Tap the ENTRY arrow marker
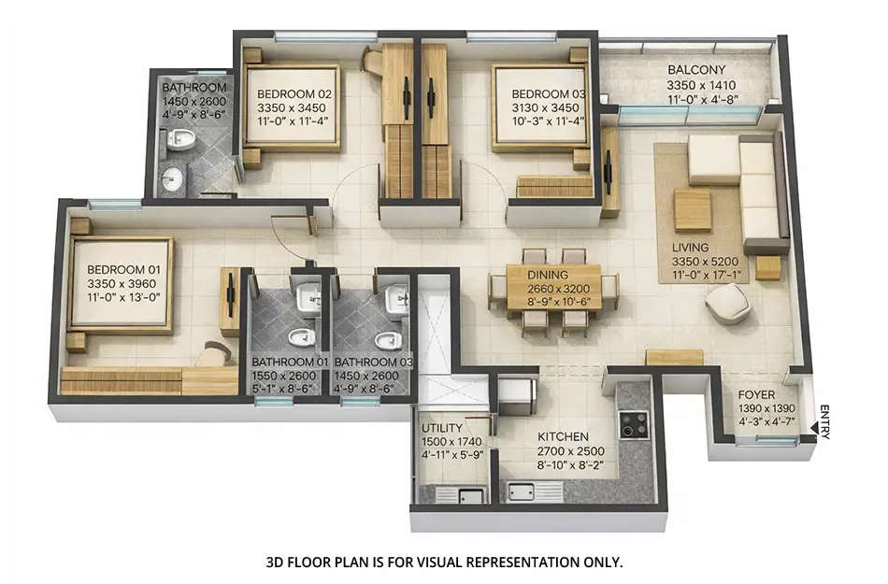[815, 429]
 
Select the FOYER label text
[756, 395]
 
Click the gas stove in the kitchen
[634, 424]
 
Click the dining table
[552, 289]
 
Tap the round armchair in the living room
[727, 304]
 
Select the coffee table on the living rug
[693, 209]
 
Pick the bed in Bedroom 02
[292, 107]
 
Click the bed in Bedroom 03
[539, 107]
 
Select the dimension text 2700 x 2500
[562, 450]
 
